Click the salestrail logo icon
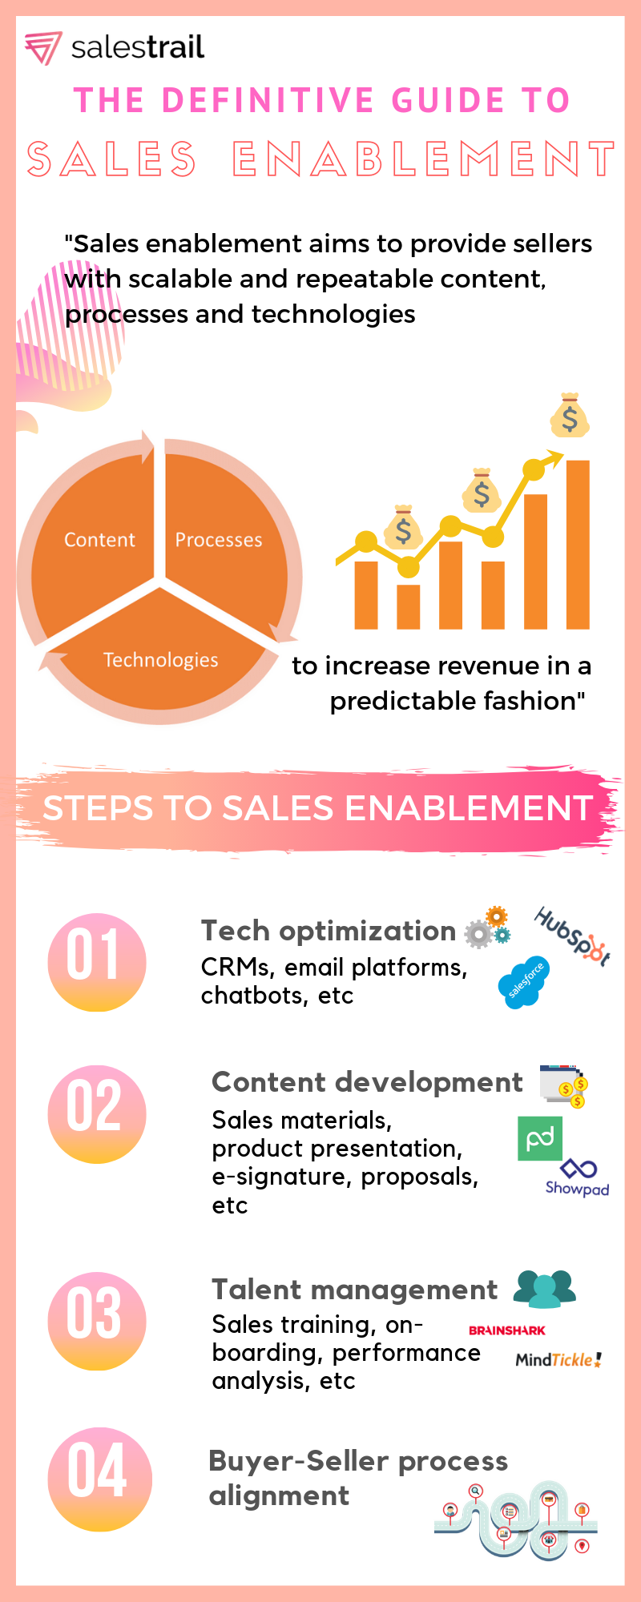click(x=42, y=48)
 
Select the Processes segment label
click(x=219, y=540)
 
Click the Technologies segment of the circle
click(x=160, y=653)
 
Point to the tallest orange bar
click(x=578, y=545)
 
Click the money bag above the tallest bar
click(x=570, y=415)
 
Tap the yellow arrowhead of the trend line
click(x=554, y=459)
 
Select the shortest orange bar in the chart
click(x=409, y=606)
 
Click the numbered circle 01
click(x=97, y=962)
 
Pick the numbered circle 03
click(x=97, y=1321)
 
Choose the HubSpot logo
click(x=572, y=936)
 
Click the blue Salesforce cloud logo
click(x=525, y=982)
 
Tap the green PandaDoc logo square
click(x=540, y=1138)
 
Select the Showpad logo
click(x=578, y=1177)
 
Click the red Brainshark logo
click(x=507, y=1330)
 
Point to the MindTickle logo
click(x=558, y=1359)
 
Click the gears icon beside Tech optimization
click(x=488, y=928)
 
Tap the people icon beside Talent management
click(x=545, y=1289)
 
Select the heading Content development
click(x=367, y=1082)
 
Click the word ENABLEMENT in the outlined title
click(x=424, y=159)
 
